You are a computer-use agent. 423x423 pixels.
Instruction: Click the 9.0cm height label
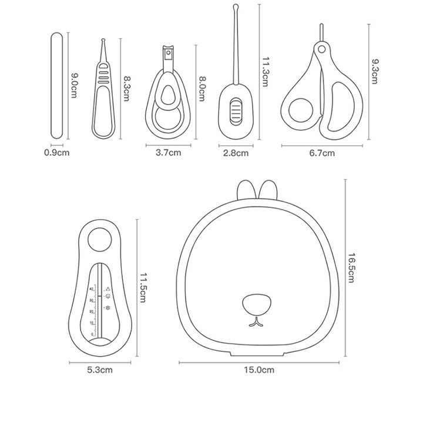coord(74,86)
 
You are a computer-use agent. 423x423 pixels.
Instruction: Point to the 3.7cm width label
coord(168,153)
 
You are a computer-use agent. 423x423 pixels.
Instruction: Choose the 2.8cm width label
coord(235,153)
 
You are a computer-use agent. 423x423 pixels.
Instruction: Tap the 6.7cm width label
coord(322,153)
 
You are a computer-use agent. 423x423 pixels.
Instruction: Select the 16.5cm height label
coord(351,267)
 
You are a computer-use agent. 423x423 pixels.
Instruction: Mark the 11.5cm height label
coord(142,287)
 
